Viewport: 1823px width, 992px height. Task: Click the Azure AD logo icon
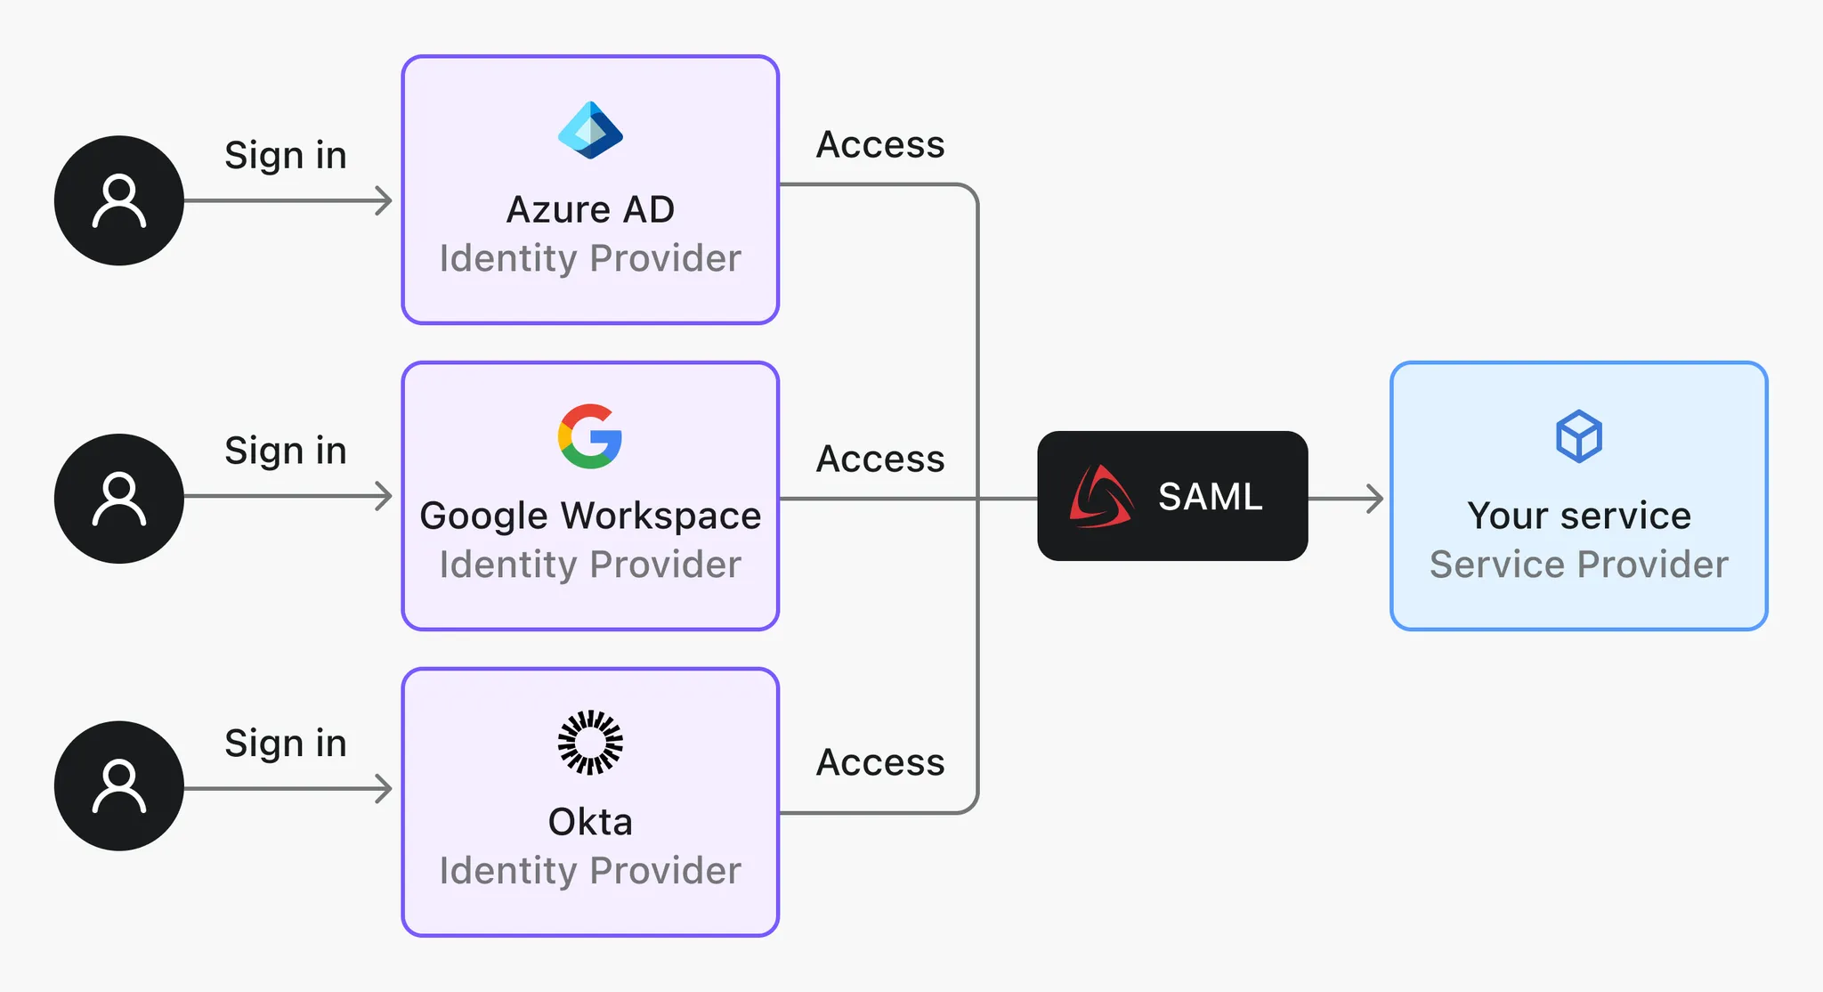(590, 130)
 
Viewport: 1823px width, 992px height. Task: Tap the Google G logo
(590, 436)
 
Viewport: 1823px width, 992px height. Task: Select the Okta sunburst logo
(590, 743)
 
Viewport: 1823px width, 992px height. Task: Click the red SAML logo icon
(1101, 497)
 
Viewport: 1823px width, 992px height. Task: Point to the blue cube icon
(1579, 436)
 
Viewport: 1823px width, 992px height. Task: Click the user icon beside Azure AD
(119, 200)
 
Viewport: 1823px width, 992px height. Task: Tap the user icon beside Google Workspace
(119, 498)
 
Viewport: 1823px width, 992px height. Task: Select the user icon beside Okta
(119, 785)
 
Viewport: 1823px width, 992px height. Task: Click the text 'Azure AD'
(590, 210)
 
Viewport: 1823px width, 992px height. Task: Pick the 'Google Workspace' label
(590, 516)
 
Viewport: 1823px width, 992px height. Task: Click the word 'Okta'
(590, 822)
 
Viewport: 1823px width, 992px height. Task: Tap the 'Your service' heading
(1579, 516)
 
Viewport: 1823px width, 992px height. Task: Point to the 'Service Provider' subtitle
(1579, 565)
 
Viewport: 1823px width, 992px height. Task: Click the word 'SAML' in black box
(1210, 497)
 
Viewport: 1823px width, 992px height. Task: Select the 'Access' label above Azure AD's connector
(880, 144)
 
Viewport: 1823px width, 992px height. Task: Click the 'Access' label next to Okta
(880, 762)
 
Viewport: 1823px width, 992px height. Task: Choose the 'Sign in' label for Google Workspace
(285, 451)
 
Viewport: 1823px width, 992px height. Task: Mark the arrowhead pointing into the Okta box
(385, 789)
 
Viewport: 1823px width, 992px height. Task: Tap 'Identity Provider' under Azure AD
(590, 258)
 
